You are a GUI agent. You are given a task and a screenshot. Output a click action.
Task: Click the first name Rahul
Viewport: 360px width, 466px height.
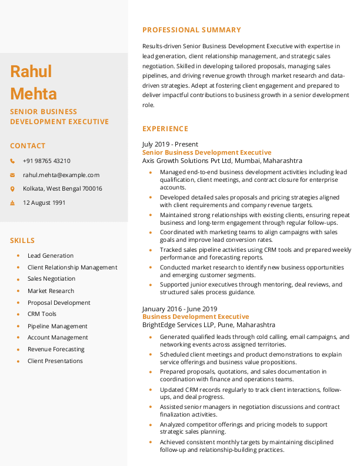(31, 72)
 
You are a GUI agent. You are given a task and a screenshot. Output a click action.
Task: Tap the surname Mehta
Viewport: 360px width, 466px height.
(34, 94)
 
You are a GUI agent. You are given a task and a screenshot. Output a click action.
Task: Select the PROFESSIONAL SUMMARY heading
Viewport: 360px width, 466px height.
(192, 30)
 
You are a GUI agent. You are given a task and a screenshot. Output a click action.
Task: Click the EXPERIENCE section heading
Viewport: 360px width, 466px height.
(165, 129)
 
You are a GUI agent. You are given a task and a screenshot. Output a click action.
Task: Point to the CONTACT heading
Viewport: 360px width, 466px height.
(28, 146)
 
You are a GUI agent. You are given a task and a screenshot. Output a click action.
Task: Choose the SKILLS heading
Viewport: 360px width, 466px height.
(22, 241)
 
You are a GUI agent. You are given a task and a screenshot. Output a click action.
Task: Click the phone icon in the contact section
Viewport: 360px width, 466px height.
(12, 161)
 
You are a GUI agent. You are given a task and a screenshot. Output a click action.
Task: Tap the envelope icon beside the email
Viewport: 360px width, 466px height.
(12, 175)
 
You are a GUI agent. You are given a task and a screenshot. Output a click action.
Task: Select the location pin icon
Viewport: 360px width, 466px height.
(12, 189)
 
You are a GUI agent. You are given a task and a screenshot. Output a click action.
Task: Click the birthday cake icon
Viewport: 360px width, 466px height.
(12, 203)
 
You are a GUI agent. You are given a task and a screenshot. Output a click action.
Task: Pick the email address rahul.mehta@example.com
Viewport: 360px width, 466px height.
(61, 175)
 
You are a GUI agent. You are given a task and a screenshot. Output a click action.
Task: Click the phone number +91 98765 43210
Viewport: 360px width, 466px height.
(46, 161)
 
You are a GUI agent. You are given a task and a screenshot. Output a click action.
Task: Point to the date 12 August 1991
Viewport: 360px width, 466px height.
(44, 202)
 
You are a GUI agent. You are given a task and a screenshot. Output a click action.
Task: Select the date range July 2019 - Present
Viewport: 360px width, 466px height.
(170, 144)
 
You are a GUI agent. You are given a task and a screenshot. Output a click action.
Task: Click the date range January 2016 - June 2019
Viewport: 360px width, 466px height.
(180, 309)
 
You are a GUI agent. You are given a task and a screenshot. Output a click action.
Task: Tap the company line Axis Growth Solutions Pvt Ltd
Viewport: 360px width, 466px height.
(222, 161)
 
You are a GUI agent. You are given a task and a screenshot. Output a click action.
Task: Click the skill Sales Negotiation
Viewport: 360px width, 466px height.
(51, 279)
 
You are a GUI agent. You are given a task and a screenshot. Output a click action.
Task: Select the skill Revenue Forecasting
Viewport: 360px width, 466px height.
(56, 349)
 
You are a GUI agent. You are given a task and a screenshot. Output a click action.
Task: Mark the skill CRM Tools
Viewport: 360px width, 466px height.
(42, 314)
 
